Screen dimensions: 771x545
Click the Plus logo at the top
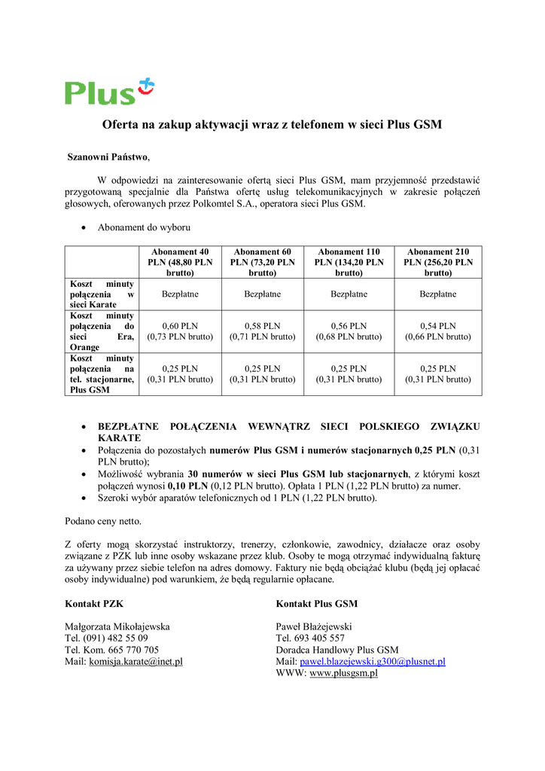[109, 91]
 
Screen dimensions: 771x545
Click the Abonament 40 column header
[180, 262]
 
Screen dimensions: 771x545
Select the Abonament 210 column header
[438, 262]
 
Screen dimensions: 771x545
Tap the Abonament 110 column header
[349, 262]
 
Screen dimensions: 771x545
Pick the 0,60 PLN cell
[180, 331]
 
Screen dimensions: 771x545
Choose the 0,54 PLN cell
[438, 331]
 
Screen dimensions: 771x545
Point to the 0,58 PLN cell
[262, 331]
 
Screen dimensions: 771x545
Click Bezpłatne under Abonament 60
[262, 294]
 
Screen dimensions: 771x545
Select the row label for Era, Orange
[102, 331]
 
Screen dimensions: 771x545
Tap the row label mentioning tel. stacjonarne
[102, 374]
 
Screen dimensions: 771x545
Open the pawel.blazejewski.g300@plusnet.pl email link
[373, 662]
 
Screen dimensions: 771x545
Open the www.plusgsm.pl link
[343, 673]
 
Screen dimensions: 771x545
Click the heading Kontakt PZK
[94, 604]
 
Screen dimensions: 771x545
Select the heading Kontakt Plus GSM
[316, 604]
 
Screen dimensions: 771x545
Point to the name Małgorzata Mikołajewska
[117, 626]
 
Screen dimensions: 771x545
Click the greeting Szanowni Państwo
[108, 157]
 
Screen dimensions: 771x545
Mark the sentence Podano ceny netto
[103, 521]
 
